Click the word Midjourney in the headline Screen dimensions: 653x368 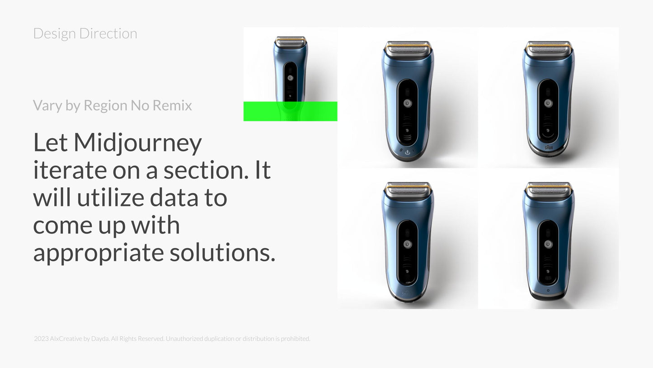pos(137,143)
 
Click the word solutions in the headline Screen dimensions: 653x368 pos(222,253)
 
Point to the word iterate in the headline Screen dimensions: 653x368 pos(70,170)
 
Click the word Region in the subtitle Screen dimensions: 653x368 pos(106,106)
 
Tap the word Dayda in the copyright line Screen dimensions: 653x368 pos(100,339)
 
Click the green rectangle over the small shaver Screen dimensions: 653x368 pos(291,111)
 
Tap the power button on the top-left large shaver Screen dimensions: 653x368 pos(408,103)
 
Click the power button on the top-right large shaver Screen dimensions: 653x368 pos(548,103)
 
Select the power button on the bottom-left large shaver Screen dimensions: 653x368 pos(408,244)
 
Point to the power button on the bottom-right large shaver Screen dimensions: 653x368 pos(548,244)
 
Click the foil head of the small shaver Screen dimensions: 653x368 pos(291,42)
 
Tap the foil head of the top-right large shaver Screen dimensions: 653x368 pos(548,48)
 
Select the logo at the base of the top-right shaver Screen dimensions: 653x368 pos(549,148)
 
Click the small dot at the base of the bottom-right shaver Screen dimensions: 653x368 pos(548,291)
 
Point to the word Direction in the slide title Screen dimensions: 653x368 pos(108,33)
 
